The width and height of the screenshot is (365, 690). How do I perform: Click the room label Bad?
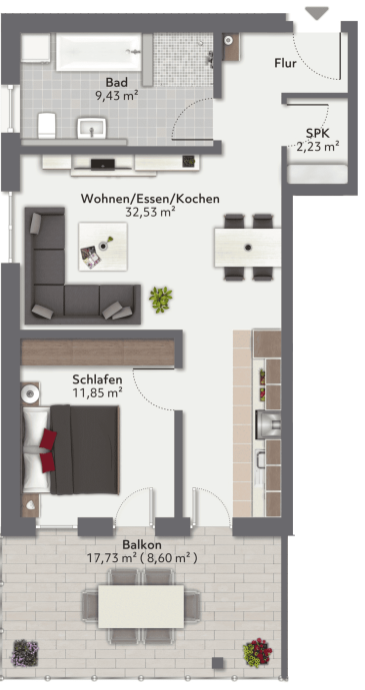(117, 83)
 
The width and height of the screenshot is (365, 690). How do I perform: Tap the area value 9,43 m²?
(117, 97)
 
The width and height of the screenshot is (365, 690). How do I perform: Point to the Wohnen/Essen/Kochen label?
(150, 199)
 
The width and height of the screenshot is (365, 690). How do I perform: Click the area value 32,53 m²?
(150, 213)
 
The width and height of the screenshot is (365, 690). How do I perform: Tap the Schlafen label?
(98, 380)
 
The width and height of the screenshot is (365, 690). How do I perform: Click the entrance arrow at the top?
(317, 13)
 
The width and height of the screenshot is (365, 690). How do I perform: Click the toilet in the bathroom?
(45, 123)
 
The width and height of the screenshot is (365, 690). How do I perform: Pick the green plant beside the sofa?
(160, 298)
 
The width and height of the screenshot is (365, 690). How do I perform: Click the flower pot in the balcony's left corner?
(23, 654)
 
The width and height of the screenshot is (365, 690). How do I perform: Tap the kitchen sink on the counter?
(266, 423)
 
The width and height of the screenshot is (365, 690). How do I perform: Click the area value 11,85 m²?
(98, 394)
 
